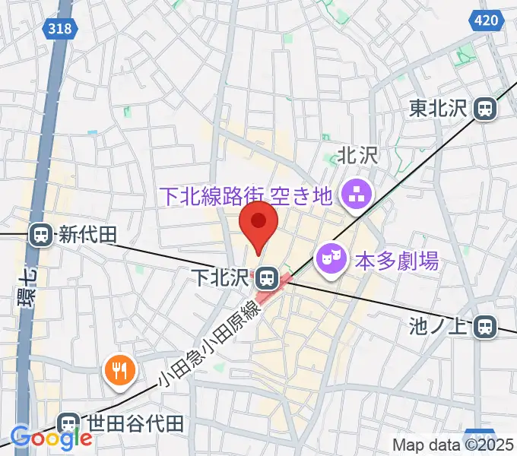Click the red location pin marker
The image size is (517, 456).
pos(258,222)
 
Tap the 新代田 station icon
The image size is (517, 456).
pos(41,236)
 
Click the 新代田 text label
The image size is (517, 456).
pos(88,236)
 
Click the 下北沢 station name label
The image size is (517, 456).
pos(220,274)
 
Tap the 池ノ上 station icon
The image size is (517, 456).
pos(483,328)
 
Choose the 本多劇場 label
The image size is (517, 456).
pos(397,261)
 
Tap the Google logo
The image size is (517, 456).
pos(51,438)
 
